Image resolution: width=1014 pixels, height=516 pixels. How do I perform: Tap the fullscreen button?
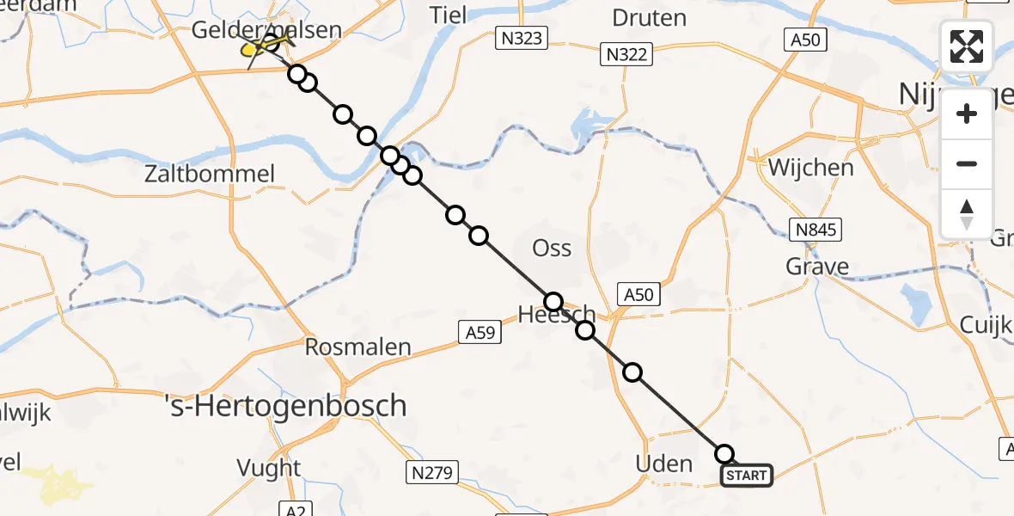click(967, 46)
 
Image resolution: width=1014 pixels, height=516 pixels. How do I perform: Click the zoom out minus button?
click(967, 163)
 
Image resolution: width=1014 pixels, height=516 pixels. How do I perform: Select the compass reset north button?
click(967, 214)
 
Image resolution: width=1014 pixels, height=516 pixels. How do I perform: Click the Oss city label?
click(552, 248)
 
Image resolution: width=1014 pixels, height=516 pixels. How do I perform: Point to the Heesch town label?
click(556, 314)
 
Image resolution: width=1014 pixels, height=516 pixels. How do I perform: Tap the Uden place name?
click(663, 464)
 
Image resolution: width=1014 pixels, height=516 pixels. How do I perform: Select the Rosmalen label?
click(358, 347)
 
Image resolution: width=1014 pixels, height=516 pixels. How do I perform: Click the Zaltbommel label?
click(222, 175)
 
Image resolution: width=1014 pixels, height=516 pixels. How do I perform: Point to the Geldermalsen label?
click(266, 29)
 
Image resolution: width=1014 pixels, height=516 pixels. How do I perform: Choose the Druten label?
click(649, 16)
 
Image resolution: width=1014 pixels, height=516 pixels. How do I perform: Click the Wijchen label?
click(810, 167)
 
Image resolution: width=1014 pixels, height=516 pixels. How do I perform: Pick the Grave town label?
click(816, 267)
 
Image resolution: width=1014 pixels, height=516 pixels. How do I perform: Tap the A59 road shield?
click(480, 332)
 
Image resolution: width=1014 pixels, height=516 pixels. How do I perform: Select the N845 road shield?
click(815, 230)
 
